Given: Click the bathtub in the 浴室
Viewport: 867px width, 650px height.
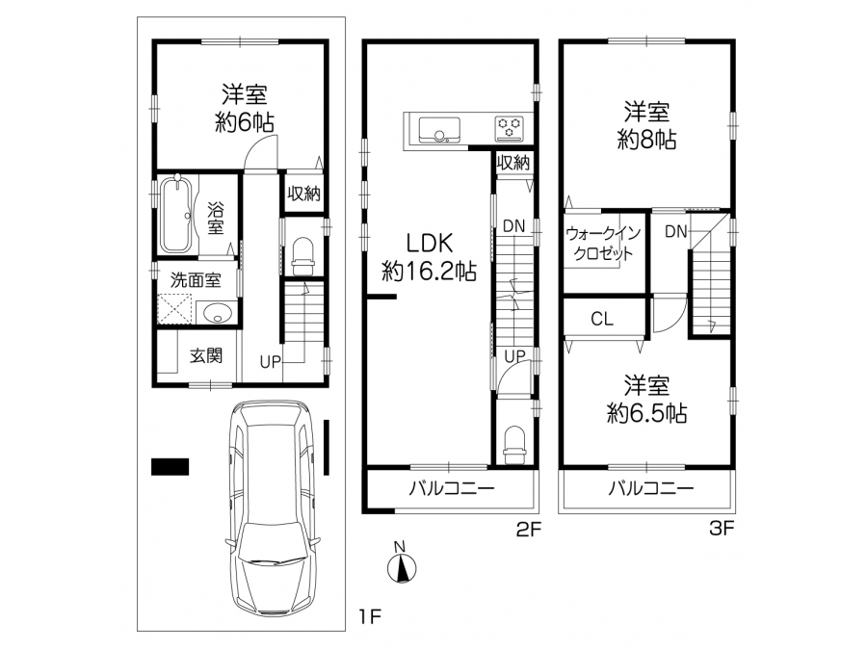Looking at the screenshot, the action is [x=177, y=214].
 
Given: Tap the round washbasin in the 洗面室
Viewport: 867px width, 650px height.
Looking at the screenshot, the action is [x=216, y=313].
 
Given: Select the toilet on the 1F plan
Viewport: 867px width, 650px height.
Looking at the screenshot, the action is [x=302, y=256].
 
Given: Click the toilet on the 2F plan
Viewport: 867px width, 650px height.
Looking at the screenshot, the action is [x=514, y=445].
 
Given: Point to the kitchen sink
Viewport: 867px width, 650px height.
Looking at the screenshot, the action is [x=439, y=130].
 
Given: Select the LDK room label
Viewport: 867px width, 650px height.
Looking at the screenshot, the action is [x=429, y=243].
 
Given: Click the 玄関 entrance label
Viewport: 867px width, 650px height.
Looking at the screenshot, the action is [x=206, y=355].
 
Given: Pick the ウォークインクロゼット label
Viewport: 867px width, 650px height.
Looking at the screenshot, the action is [x=603, y=244].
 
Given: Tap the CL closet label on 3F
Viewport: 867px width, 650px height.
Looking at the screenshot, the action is [x=601, y=319].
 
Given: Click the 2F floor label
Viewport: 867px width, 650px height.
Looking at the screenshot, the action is [x=528, y=530].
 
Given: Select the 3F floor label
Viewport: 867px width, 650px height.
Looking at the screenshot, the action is [x=722, y=529].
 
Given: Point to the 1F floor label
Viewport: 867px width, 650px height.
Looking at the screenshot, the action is [x=370, y=616].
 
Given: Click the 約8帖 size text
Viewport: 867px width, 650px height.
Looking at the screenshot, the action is [x=646, y=141].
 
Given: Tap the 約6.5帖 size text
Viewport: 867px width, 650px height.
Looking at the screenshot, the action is [x=646, y=413].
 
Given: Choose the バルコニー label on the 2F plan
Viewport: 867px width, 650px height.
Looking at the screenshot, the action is [x=452, y=488].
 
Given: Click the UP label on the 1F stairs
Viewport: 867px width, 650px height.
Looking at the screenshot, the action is [x=271, y=362].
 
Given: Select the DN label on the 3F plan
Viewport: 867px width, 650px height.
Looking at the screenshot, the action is [x=675, y=231].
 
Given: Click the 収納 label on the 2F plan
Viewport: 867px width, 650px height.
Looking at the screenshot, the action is [x=513, y=163].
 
